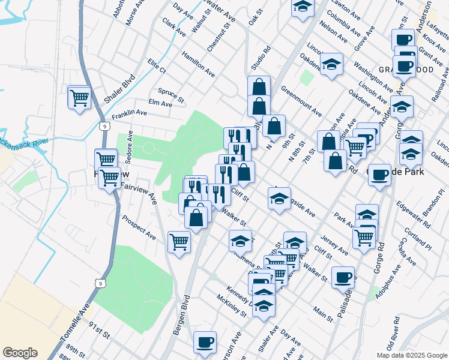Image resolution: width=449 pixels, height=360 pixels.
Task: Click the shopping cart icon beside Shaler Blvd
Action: point(79,97)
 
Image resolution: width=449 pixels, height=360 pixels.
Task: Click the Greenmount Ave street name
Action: point(301,100)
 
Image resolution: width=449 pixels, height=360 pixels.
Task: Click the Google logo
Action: point(20,353)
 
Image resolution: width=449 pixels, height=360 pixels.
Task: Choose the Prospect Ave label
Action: point(139,228)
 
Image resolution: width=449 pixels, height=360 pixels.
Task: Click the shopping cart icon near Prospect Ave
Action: point(179,242)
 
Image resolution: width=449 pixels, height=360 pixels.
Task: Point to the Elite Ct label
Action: point(157,67)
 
